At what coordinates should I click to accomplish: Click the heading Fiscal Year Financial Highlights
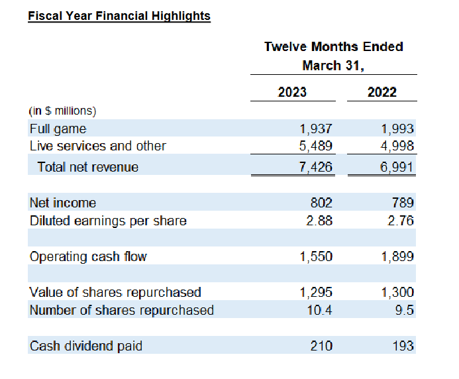click(x=119, y=15)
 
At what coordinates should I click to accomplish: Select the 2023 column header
click(x=292, y=91)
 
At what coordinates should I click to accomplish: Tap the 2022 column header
click(x=382, y=91)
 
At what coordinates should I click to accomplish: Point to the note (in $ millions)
click(x=63, y=111)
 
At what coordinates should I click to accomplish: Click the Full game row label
click(x=58, y=129)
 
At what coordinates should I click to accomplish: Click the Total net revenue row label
click(x=88, y=167)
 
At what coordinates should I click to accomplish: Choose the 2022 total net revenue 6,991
click(x=397, y=167)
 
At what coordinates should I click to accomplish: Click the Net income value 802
click(x=321, y=203)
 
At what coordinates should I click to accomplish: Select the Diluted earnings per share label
click(x=108, y=221)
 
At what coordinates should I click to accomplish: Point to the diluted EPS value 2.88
click(x=319, y=221)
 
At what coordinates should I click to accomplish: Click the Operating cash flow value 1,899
click(x=397, y=256)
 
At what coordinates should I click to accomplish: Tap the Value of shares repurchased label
click(x=115, y=292)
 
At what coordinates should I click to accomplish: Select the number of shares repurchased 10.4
click(x=321, y=309)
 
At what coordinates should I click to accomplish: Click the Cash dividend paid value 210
click(x=321, y=345)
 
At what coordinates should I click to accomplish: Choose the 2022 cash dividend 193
click(x=403, y=345)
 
